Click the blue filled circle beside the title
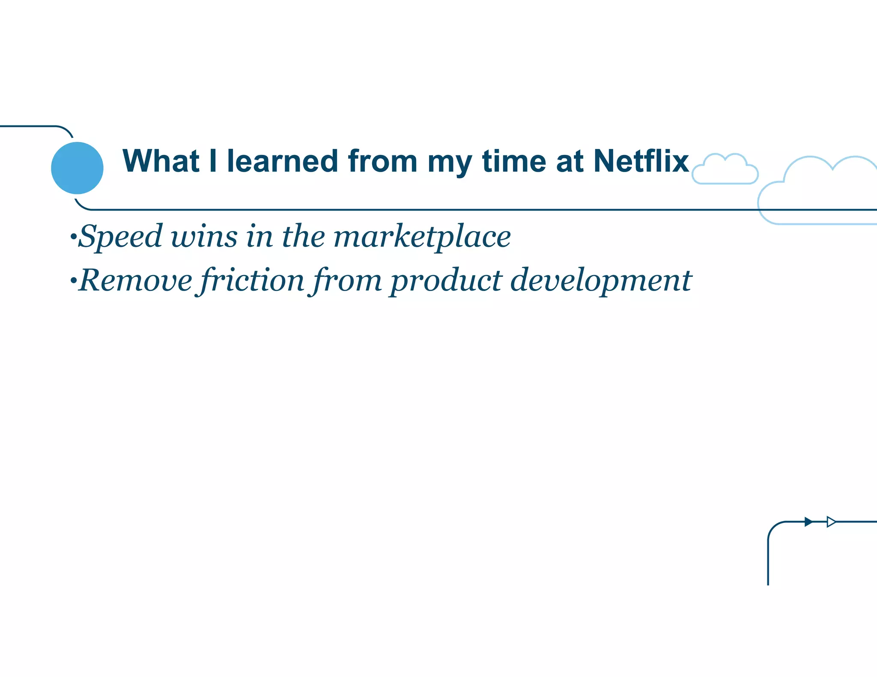(77, 168)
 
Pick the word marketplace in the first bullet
(422, 236)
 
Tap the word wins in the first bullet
(204, 236)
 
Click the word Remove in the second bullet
(136, 281)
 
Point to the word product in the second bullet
(445, 281)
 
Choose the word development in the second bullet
(600, 281)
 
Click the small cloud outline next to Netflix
(725, 170)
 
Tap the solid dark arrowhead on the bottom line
(808, 522)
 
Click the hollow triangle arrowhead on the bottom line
(831, 522)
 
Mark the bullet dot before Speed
(73, 236)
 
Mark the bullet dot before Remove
(73, 281)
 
